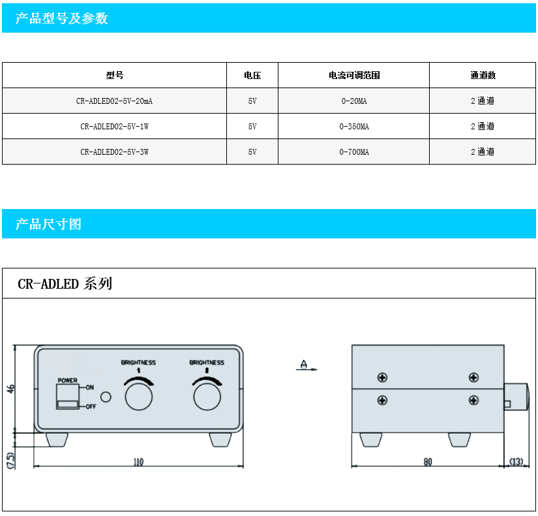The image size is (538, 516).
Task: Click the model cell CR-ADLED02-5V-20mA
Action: pyautogui.click(x=114, y=101)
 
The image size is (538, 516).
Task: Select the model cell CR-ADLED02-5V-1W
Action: pyautogui.click(x=114, y=127)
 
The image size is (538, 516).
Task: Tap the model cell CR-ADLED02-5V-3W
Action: pyautogui.click(x=114, y=152)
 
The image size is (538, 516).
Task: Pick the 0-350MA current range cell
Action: pyautogui.click(x=354, y=127)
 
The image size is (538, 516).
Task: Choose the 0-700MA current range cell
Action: pyautogui.click(x=354, y=152)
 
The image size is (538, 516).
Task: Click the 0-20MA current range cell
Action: pyautogui.click(x=354, y=101)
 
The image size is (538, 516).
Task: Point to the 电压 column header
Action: pyautogui.click(x=252, y=75)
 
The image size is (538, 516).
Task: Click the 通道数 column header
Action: pyautogui.click(x=483, y=75)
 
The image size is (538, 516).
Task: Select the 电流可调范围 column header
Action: pyautogui.click(x=354, y=75)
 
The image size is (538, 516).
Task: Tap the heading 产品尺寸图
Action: pyautogui.click(x=48, y=224)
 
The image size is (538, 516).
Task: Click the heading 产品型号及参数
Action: pyautogui.click(x=62, y=18)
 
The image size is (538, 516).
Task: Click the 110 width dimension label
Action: pyautogui.click(x=138, y=462)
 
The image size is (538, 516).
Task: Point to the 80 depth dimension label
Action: pyautogui.click(x=428, y=462)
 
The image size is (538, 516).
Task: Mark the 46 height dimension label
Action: pyautogui.click(x=11, y=389)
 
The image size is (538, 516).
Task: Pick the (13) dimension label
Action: pyautogui.click(x=516, y=461)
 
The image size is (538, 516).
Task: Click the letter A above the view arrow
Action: pyautogui.click(x=304, y=363)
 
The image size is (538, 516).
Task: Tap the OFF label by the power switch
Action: pyautogui.click(x=91, y=407)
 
